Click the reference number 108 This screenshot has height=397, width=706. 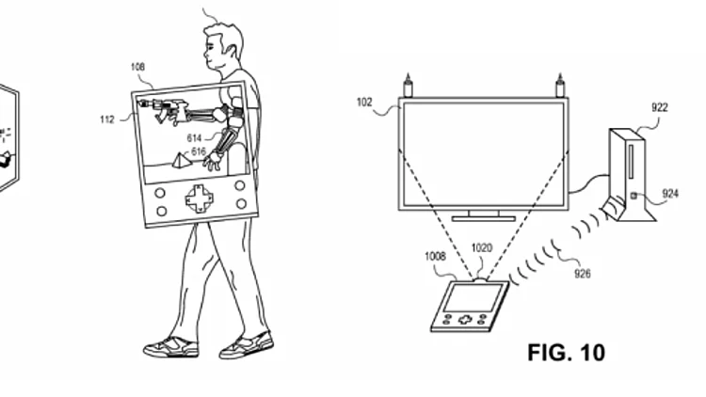coord(137,67)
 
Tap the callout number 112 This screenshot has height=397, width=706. coord(107,119)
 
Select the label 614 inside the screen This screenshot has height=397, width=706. coord(194,138)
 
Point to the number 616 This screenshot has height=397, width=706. coord(199,151)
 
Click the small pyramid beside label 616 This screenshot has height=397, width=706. coord(180,160)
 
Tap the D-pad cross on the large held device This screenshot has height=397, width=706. coord(199,198)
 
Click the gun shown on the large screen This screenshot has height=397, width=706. coord(164,110)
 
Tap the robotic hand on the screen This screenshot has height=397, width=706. coord(212,161)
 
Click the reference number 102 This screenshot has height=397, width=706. coord(364,103)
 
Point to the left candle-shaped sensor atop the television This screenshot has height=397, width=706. coord(408,86)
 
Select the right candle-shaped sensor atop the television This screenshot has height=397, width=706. coord(560,86)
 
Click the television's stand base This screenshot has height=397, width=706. coord(484,219)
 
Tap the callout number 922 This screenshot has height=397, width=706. coord(660,108)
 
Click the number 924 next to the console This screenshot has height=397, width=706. coord(670,194)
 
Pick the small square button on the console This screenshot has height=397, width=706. coord(634,196)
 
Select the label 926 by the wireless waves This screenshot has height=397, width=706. coord(583,273)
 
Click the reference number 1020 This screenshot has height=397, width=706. coord(481,248)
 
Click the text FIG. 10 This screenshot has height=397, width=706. coord(567,353)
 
